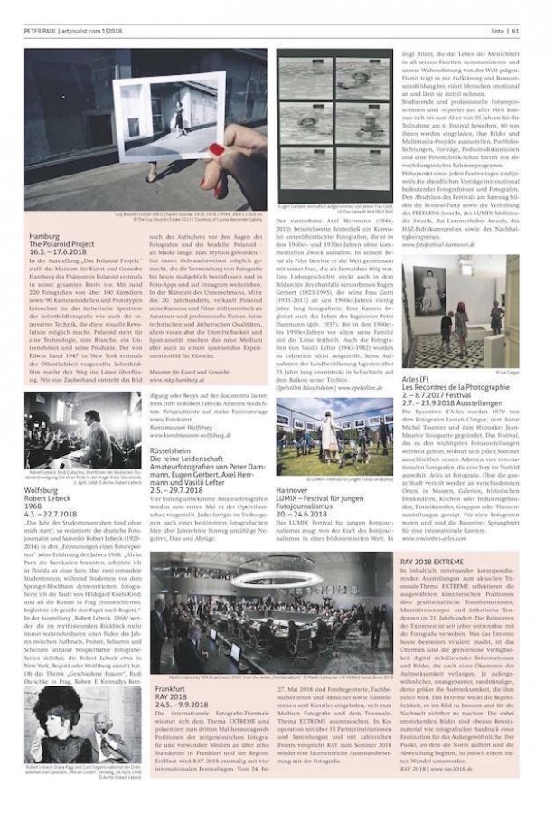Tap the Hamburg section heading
point(43,236)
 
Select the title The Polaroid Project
point(64,243)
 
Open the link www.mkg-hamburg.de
point(175,381)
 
